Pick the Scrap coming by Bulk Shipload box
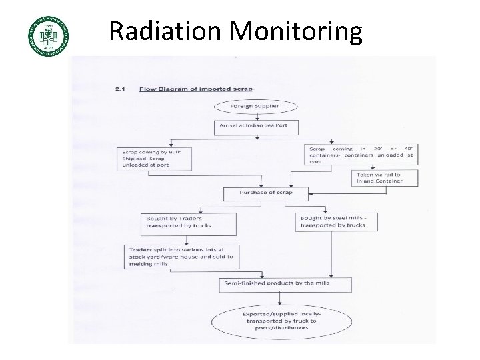pyautogui.click(x=153, y=157)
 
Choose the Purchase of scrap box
pyautogui.click(x=258, y=193)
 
